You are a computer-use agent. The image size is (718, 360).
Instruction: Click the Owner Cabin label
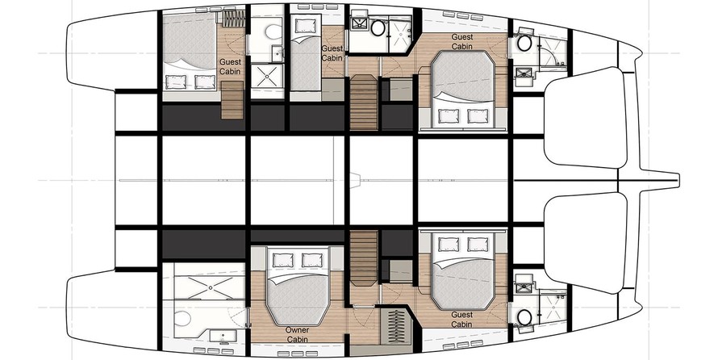coord(297,334)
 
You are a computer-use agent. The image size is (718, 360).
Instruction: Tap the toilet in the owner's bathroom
coord(182,317)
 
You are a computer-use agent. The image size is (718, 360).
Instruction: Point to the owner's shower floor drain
coord(211,287)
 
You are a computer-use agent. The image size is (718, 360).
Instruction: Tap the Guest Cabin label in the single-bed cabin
coord(332,53)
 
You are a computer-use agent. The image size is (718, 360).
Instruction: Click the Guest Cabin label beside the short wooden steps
coord(230,66)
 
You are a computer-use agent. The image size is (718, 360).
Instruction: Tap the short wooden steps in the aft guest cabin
coord(232,100)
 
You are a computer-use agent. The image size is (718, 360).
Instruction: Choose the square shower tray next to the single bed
coord(267,76)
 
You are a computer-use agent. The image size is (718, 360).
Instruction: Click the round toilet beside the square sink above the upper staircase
coord(378,28)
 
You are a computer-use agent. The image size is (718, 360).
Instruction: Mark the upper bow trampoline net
coord(585,117)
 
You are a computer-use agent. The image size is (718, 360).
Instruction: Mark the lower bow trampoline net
coord(585,243)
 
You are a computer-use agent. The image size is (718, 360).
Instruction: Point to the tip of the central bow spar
coord(678,180)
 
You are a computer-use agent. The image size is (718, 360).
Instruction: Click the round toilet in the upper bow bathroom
coord(524,44)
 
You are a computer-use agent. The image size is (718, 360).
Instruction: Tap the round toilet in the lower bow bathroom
coord(524,316)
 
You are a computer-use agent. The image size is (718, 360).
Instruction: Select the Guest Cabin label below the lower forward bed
coord(461,320)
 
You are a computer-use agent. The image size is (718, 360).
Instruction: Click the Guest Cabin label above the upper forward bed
coord(462,41)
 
